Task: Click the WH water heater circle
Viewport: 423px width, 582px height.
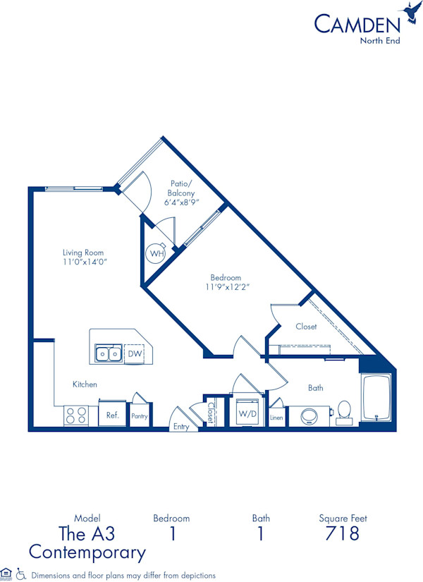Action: coord(156,253)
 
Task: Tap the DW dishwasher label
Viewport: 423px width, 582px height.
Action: coord(133,353)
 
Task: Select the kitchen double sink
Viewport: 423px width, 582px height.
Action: coord(109,353)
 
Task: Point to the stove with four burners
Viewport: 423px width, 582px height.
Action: coord(76,416)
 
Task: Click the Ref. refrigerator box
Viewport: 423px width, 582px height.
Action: coord(112,416)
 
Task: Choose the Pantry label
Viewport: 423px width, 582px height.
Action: coord(140,416)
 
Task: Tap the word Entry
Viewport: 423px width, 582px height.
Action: coord(181,427)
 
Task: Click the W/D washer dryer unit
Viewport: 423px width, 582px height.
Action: coord(246,413)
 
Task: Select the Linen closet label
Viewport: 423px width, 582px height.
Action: coord(276,418)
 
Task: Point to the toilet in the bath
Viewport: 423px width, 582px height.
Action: coord(344,412)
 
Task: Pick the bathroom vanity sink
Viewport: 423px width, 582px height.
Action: coord(310,416)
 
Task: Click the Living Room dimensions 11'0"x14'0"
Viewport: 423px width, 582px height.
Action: coord(85,262)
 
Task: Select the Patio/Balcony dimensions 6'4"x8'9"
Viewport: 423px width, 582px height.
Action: coord(181,202)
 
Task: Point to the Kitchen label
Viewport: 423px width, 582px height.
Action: coord(85,384)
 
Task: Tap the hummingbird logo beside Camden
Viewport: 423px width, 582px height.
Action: coord(410,13)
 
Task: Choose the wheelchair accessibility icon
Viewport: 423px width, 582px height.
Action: coord(20,574)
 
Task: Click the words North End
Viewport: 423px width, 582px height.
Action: coord(381,40)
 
